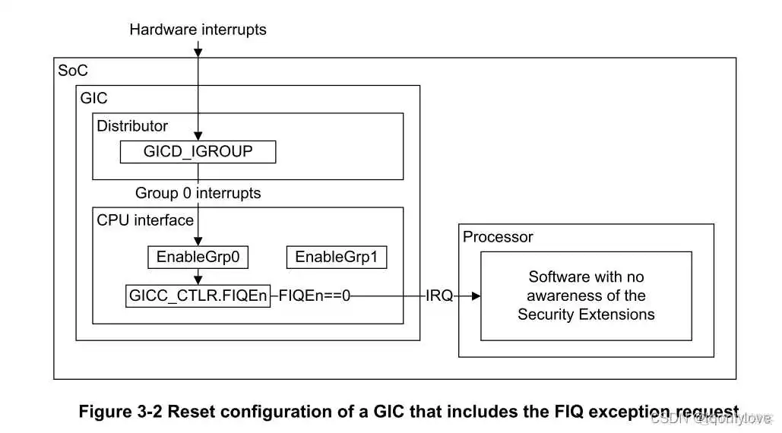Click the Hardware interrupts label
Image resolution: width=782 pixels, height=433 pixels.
tap(198, 30)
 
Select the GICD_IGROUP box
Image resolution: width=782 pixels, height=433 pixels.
tap(198, 151)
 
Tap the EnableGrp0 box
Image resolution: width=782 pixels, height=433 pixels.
tap(198, 257)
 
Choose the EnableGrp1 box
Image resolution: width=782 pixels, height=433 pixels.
tap(336, 257)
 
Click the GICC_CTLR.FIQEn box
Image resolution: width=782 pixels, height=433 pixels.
tap(198, 296)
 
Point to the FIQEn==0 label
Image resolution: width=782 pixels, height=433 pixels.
tap(314, 296)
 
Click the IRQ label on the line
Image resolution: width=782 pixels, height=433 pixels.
tap(439, 296)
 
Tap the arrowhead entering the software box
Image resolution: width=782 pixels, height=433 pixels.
tap(476, 296)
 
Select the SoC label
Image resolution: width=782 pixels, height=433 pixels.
tap(73, 71)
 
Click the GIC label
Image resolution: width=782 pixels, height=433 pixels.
tap(94, 98)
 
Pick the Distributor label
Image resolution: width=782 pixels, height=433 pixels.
tap(132, 126)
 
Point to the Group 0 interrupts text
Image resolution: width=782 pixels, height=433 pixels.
tap(198, 193)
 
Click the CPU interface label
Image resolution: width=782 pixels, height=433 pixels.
tap(145, 220)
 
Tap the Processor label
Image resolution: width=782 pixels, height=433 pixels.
tap(498, 237)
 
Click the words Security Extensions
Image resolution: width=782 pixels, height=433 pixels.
tap(586, 314)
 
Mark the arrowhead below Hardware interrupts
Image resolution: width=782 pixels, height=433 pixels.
tap(198, 52)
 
